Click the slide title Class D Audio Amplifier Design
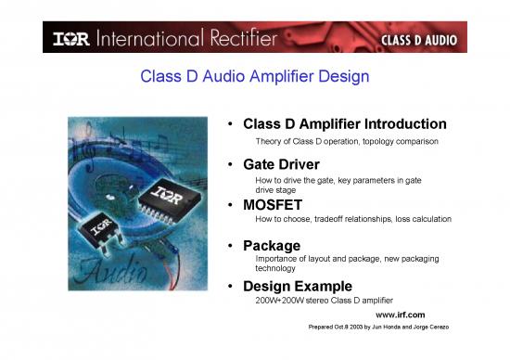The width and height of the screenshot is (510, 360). (254, 76)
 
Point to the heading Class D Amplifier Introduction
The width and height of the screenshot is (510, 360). (344, 123)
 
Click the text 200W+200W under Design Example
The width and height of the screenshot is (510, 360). (278, 302)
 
